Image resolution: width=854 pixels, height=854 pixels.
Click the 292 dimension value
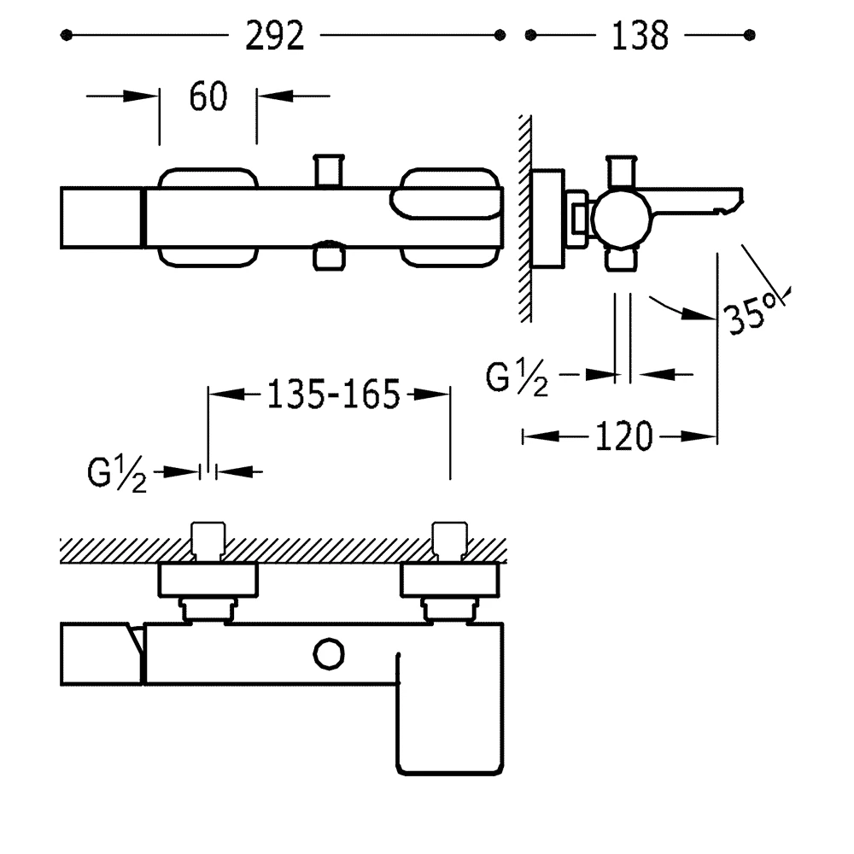pyautogui.click(x=275, y=35)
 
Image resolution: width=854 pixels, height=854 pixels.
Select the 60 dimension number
pyautogui.click(x=208, y=97)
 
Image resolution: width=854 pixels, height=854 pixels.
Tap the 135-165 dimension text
pyautogui.click(x=333, y=395)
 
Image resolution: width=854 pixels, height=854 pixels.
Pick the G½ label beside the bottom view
pyautogui.click(x=117, y=474)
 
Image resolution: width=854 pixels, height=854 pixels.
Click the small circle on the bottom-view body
pyautogui.click(x=329, y=654)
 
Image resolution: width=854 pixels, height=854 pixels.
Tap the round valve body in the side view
pyautogui.click(x=620, y=219)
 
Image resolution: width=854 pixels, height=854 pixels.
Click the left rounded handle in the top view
pyautogui.click(x=208, y=218)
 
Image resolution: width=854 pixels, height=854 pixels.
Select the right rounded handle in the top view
pyautogui.click(x=451, y=218)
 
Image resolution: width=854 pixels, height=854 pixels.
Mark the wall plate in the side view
pyautogui.click(x=547, y=218)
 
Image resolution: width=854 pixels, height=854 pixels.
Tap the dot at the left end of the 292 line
pyautogui.click(x=67, y=35)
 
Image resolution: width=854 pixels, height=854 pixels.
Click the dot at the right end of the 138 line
pyautogui.click(x=750, y=35)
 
